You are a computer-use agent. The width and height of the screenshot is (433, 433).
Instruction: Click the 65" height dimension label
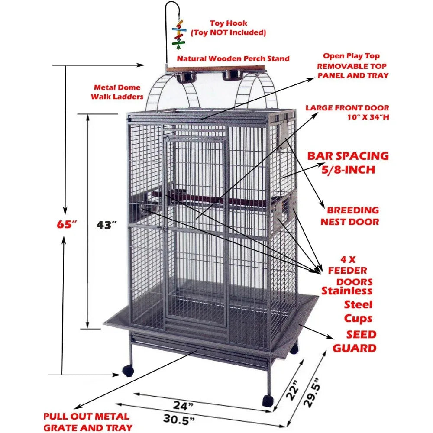pyautogui.click(x=67, y=224)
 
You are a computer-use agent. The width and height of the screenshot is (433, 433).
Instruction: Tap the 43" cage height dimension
pyautogui.click(x=107, y=225)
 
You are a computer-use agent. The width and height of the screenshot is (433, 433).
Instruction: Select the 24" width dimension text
pyautogui.click(x=183, y=406)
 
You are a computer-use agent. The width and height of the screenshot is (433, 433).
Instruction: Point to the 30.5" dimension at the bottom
pyautogui.click(x=179, y=420)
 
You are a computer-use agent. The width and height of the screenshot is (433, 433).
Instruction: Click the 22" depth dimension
pyautogui.click(x=293, y=390)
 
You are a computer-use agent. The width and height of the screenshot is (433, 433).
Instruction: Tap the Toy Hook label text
pyautogui.click(x=228, y=23)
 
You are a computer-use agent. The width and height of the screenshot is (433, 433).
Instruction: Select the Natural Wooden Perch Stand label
pyautogui.click(x=233, y=58)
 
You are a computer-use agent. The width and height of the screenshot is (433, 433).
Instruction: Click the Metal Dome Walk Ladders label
pyautogui.click(x=117, y=92)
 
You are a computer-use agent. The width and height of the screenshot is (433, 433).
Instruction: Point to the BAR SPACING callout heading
pyautogui.click(x=348, y=156)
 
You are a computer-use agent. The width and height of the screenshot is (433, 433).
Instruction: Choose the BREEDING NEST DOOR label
pyautogui.click(x=350, y=216)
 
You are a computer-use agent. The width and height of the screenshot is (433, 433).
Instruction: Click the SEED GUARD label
pyautogui.click(x=355, y=341)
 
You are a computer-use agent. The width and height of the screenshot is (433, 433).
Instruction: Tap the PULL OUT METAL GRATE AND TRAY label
pyautogui.click(x=88, y=422)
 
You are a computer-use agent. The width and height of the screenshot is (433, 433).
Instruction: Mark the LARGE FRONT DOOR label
pyautogui.click(x=347, y=108)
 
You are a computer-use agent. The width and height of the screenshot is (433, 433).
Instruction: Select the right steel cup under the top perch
pyautogui.click(x=231, y=75)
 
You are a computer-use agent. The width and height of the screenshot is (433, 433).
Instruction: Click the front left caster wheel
pyautogui.click(x=128, y=371)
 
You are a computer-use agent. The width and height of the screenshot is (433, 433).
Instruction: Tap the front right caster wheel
pyautogui.click(x=268, y=401)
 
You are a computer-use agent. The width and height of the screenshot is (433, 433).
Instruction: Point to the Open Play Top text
pyautogui.click(x=351, y=56)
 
